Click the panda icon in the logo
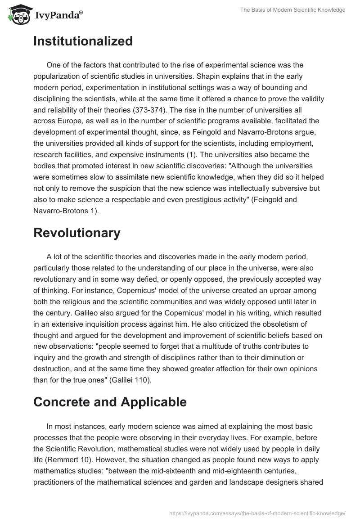(x=18, y=15)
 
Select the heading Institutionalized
(x=83, y=41)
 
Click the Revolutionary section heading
(x=77, y=233)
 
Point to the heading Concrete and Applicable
(x=110, y=402)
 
